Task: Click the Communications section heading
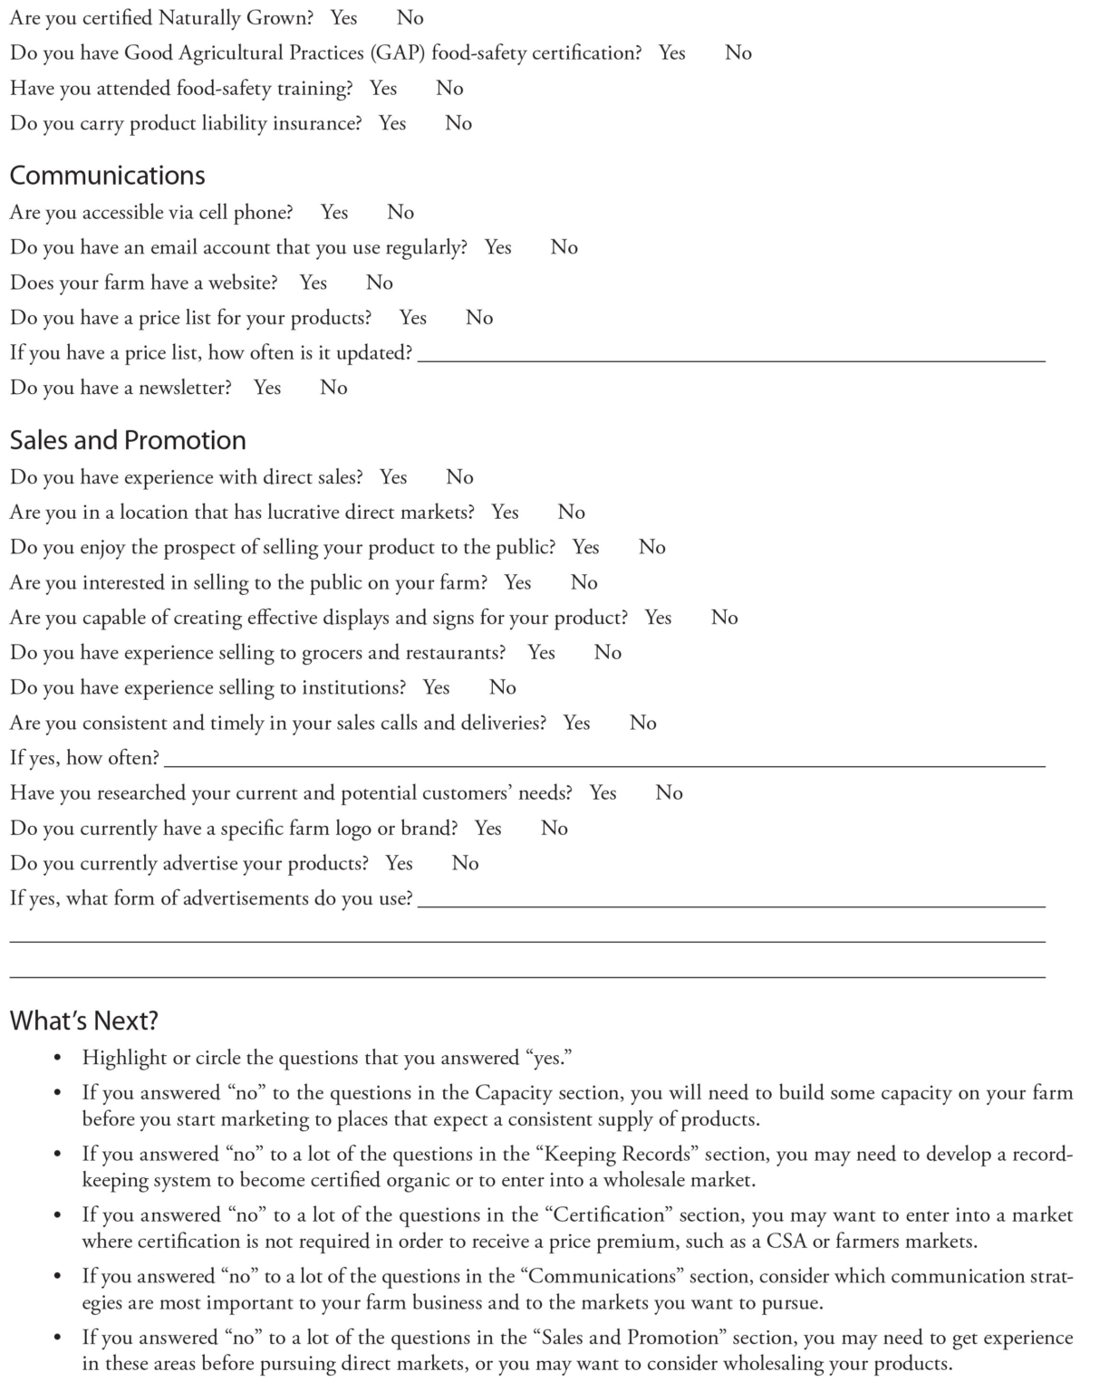pos(107,176)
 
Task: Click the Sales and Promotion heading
pos(128,440)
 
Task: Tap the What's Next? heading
pos(83,1021)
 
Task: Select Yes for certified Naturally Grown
pos(343,18)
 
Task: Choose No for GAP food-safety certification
pos(738,53)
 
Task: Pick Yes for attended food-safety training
pos(383,89)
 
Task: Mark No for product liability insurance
pos(458,123)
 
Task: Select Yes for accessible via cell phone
pos(334,213)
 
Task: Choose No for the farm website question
pos(380,283)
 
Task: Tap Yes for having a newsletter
pos(267,388)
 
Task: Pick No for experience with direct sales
pos(459,477)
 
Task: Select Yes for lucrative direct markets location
pos(505,513)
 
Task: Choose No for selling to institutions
pos(503,687)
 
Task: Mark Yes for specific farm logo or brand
pos(487,829)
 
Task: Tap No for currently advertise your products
pos(465,863)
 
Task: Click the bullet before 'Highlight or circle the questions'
pos(58,1059)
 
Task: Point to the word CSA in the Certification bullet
pos(786,1242)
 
